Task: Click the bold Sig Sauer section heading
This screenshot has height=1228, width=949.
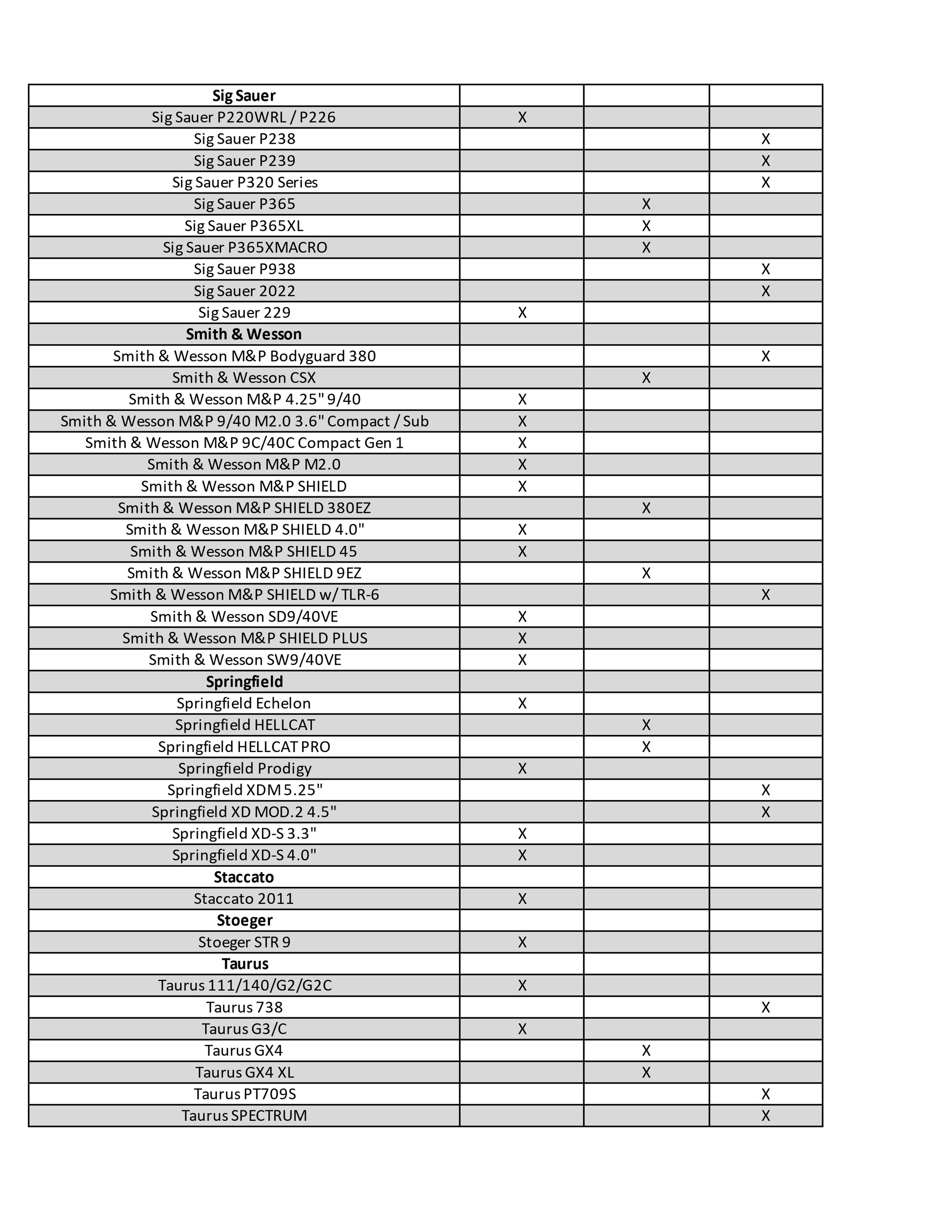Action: (243, 95)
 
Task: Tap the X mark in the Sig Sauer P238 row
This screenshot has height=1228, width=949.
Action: (765, 139)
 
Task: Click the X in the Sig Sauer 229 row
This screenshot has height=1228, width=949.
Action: (522, 313)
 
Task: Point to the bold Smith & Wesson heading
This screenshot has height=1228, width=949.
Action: (243, 334)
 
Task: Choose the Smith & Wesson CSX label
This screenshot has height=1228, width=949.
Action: (243, 378)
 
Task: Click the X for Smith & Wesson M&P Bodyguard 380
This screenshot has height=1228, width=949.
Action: (765, 356)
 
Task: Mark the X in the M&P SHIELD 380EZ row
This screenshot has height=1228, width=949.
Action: (646, 508)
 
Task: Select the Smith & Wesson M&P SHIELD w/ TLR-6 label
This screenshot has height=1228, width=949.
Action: (244, 595)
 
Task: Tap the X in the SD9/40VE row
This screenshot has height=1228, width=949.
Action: (522, 617)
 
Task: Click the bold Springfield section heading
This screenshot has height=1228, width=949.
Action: (244, 681)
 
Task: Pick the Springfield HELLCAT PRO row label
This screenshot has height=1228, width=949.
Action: (244, 747)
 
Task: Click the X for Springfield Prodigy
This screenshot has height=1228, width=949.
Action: (522, 769)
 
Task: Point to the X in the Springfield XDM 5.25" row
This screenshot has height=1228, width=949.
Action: (765, 790)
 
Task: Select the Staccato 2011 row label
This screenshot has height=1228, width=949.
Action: (243, 899)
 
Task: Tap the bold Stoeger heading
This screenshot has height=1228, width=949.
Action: (244, 921)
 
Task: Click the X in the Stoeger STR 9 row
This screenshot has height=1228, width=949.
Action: (522, 942)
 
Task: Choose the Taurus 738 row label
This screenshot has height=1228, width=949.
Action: (244, 1007)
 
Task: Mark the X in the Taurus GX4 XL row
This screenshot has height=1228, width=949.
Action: (646, 1072)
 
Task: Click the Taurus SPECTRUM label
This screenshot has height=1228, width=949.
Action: (244, 1116)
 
